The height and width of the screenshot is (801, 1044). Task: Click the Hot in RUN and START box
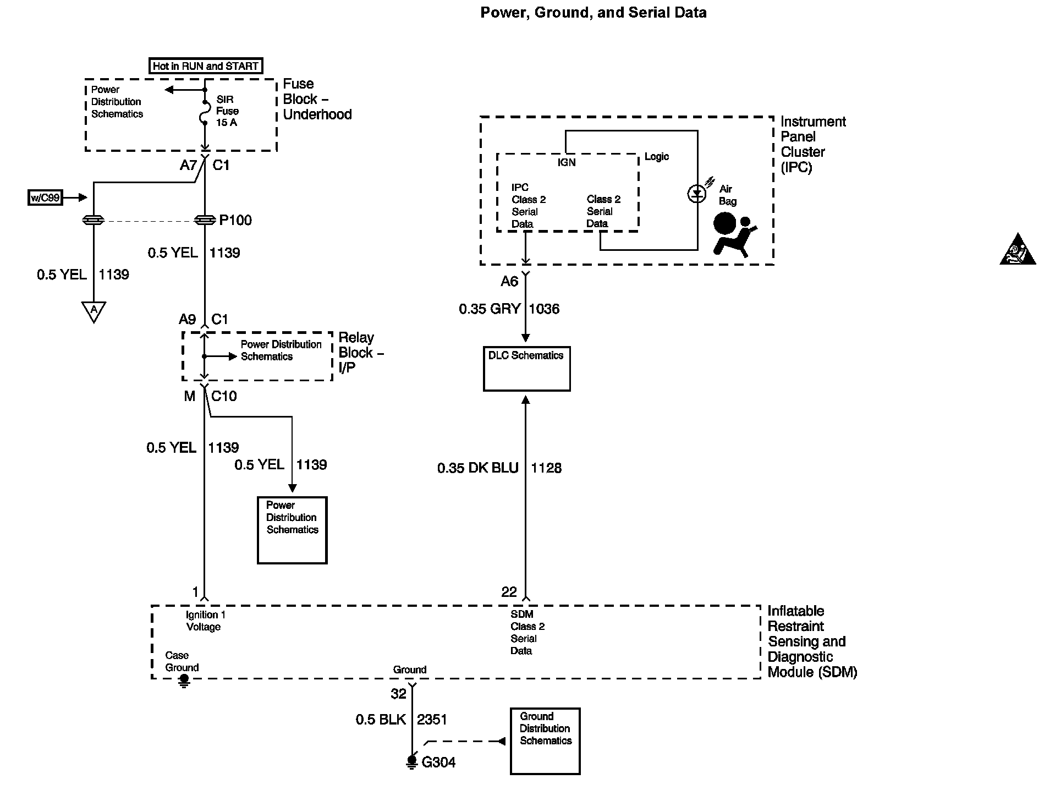click(206, 66)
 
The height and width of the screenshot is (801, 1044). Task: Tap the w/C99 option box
click(45, 197)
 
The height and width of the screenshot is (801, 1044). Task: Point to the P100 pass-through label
click(235, 221)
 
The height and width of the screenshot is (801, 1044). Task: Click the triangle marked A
click(94, 311)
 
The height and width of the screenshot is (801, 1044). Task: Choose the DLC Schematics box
click(526, 369)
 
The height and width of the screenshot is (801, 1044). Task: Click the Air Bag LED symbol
click(697, 194)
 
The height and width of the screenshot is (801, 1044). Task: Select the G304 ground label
click(438, 762)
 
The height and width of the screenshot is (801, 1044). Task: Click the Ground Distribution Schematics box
click(545, 741)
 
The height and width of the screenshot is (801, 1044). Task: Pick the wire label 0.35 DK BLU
click(477, 468)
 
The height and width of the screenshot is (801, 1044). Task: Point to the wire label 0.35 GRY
click(490, 309)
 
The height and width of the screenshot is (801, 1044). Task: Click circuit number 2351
click(432, 720)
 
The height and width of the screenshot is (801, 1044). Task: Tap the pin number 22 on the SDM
click(509, 592)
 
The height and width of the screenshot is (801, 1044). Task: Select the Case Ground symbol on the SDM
click(184, 681)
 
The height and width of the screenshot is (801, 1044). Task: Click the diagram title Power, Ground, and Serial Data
click(593, 13)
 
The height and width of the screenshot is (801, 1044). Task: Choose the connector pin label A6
click(509, 282)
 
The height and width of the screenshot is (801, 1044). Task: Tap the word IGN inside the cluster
click(567, 163)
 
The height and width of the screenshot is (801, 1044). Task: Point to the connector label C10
click(224, 396)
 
